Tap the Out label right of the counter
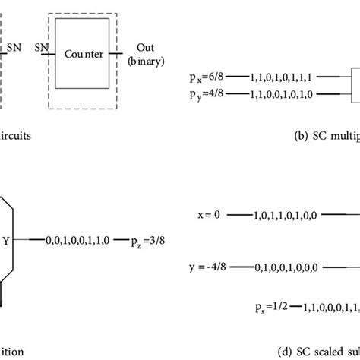144,48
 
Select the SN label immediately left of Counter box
42,48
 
